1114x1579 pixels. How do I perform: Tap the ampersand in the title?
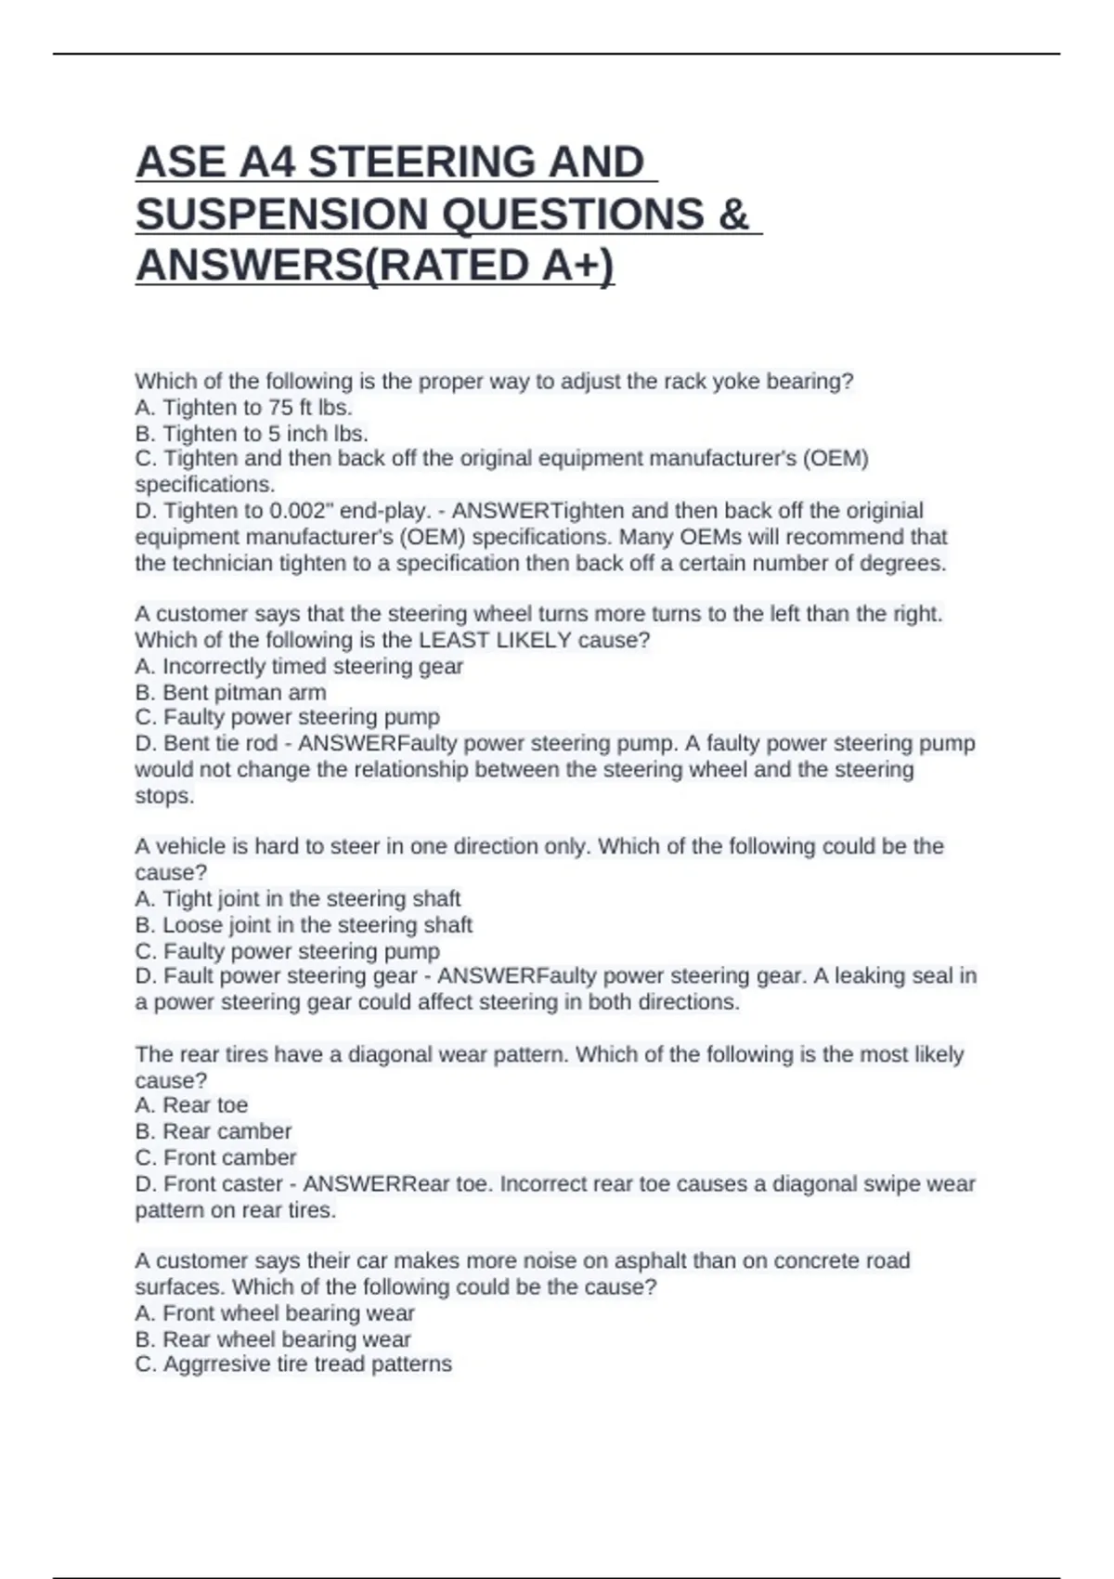pyautogui.click(x=732, y=215)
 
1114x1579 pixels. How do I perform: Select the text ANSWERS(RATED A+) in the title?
pyautogui.click(x=374, y=266)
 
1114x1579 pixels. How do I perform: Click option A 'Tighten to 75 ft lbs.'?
pyautogui.click(x=243, y=408)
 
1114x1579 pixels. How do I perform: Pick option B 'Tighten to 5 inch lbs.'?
pyautogui.click(x=252, y=434)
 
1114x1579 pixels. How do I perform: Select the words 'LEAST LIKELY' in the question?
pyautogui.click(x=495, y=640)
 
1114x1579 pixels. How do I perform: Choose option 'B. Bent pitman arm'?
pyautogui.click(x=230, y=693)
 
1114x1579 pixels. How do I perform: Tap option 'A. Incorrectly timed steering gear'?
pyautogui.click(x=298, y=667)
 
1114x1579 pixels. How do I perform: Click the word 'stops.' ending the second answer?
pyautogui.click(x=164, y=796)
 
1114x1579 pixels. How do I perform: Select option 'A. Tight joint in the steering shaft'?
pyautogui.click(x=297, y=899)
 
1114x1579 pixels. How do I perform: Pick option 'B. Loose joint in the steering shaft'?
pyautogui.click(x=304, y=925)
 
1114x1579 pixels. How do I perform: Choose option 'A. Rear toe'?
pyautogui.click(x=191, y=1105)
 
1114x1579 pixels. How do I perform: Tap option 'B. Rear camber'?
pyautogui.click(x=213, y=1131)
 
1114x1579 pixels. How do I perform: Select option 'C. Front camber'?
pyautogui.click(x=215, y=1157)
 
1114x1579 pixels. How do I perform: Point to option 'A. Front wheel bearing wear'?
pyautogui.click(x=274, y=1313)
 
